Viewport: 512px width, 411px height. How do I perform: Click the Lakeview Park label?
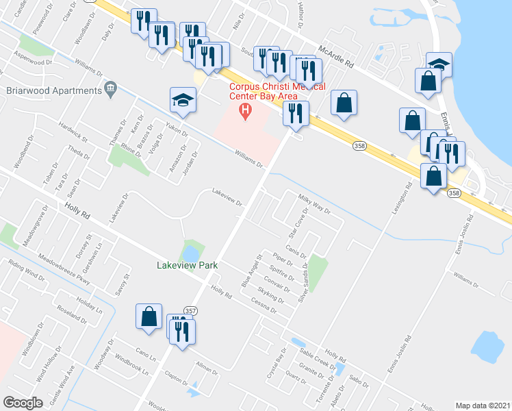click(186, 265)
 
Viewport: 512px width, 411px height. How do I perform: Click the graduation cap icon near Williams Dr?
click(183, 100)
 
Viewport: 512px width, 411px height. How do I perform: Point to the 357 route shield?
click(191, 310)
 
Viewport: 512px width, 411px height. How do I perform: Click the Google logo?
click(23, 403)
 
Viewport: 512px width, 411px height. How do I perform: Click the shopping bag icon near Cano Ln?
click(149, 316)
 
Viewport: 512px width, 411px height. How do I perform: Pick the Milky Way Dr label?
click(313, 204)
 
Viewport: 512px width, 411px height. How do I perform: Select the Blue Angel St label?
click(251, 271)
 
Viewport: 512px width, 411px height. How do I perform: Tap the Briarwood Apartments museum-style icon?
click(110, 89)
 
